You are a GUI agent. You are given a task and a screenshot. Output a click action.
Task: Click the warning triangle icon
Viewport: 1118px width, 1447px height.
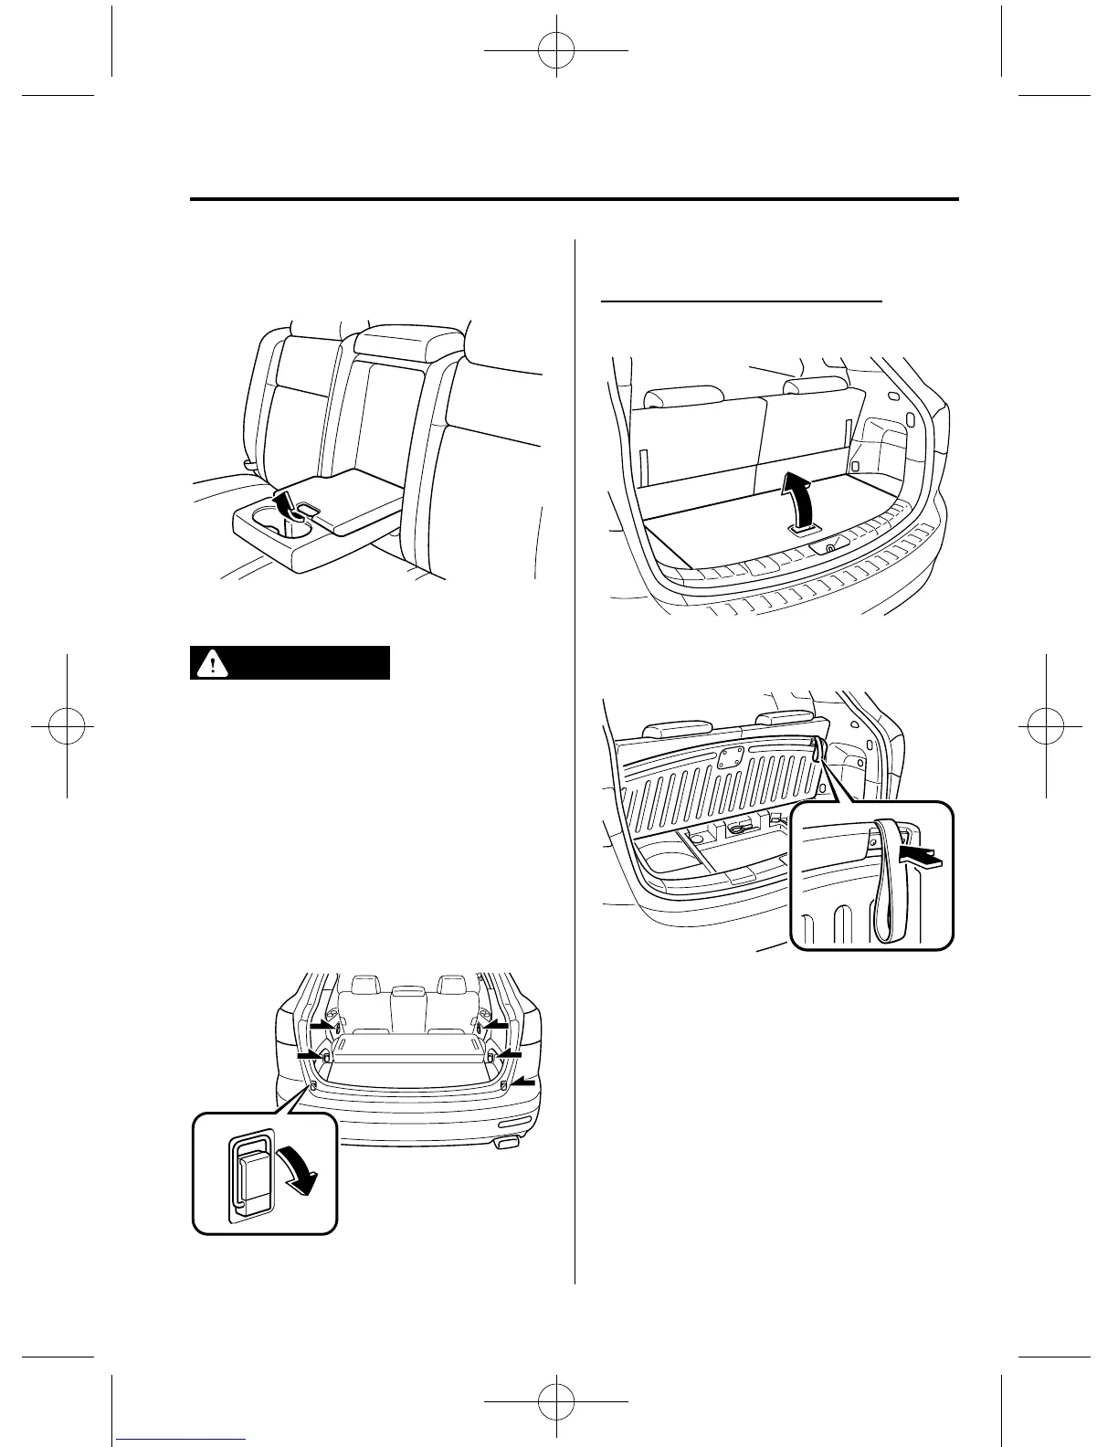(x=212, y=663)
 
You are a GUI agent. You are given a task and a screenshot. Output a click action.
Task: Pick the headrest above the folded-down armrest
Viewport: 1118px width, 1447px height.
(x=404, y=342)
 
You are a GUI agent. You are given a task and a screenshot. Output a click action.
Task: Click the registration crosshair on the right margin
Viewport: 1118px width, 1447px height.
(x=1049, y=723)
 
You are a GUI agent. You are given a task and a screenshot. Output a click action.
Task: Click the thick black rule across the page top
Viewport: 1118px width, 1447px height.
(x=575, y=200)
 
